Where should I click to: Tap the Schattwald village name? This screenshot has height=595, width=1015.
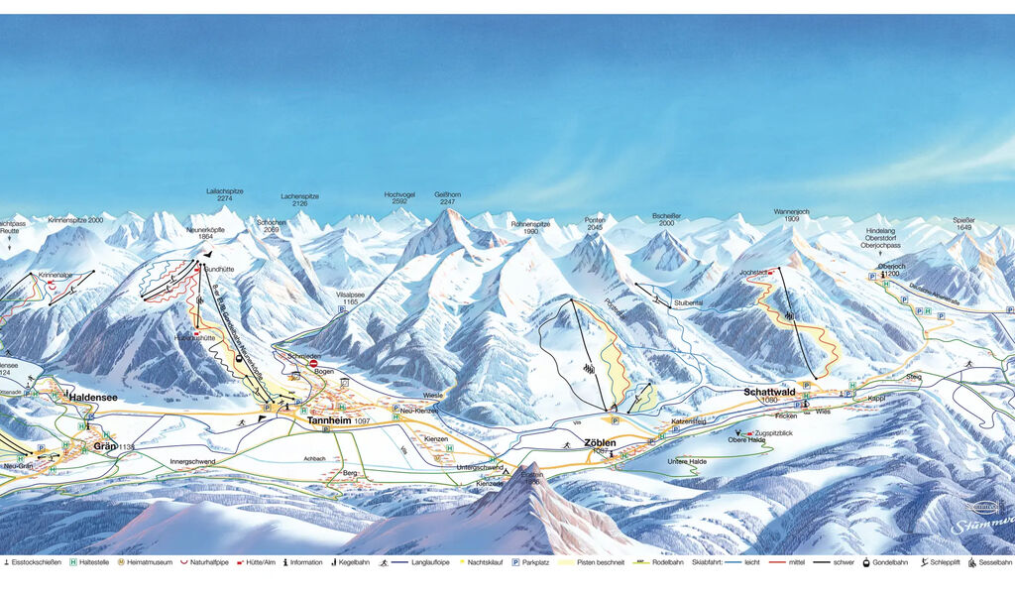coord(770,392)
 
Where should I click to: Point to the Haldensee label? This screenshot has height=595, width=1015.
coord(92,398)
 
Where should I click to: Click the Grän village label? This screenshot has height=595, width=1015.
coord(105,446)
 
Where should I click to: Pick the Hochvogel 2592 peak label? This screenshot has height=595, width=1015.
coord(399,198)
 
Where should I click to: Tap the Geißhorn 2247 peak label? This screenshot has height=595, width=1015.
coord(447,198)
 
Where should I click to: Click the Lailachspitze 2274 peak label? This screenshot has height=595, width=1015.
coord(225,194)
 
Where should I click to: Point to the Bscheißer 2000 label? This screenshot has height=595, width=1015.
coord(666,218)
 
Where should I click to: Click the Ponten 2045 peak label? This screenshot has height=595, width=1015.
coord(595,223)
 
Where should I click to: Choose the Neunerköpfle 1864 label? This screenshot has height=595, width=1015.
coord(207,234)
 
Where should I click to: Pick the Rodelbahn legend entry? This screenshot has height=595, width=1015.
coord(666,562)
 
